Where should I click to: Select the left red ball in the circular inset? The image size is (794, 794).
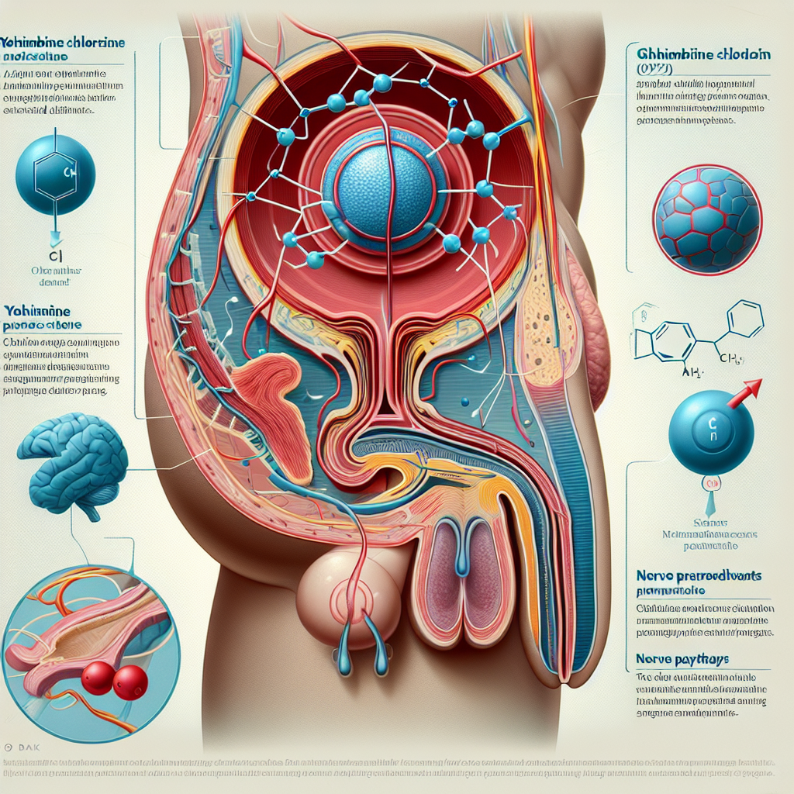(x=98, y=678)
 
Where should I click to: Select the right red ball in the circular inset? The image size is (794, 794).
(x=129, y=683)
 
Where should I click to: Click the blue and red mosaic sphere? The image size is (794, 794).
(x=706, y=218)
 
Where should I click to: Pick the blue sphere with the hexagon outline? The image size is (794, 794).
(x=55, y=175)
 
